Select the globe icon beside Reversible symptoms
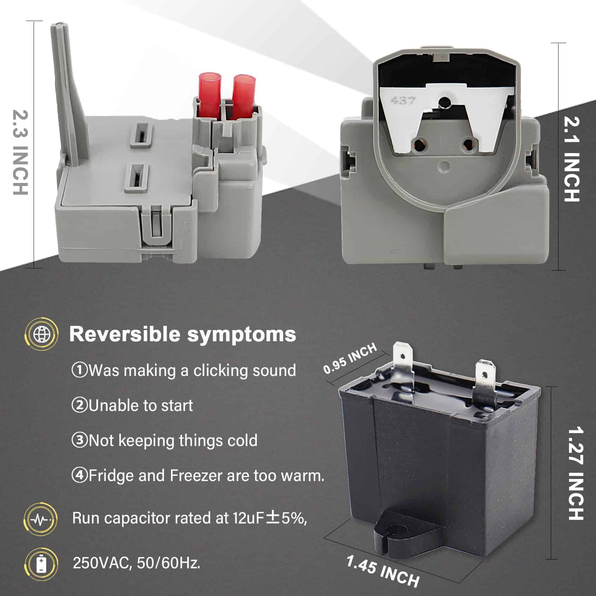(41, 334)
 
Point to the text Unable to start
(140, 406)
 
